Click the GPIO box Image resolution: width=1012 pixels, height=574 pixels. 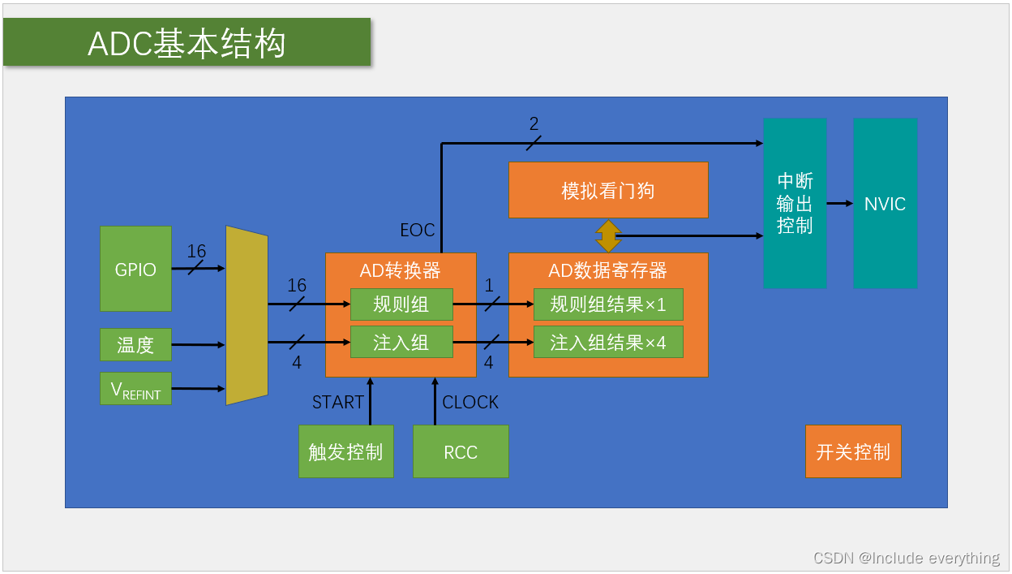(x=135, y=269)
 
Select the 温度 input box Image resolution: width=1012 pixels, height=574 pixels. (x=135, y=344)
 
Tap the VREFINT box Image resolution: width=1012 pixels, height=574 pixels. (x=135, y=389)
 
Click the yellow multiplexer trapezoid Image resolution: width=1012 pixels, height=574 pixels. (x=247, y=316)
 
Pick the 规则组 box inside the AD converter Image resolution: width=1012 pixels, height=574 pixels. (x=401, y=304)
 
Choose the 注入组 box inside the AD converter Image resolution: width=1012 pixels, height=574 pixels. (x=401, y=342)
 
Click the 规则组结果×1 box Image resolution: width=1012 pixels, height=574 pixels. (x=607, y=304)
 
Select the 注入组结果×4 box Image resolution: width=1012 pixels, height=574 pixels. (x=607, y=342)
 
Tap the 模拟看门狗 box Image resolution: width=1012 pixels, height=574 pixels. (x=608, y=190)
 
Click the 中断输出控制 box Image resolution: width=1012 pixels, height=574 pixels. (x=795, y=203)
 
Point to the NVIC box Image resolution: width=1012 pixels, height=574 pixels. (x=885, y=203)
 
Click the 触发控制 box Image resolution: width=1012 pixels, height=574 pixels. (x=345, y=451)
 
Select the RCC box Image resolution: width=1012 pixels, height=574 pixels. (x=461, y=451)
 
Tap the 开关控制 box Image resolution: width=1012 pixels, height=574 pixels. (x=853, y=451)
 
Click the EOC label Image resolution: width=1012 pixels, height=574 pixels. (x=418, y=231)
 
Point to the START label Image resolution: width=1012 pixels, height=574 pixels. (x=338, y=402)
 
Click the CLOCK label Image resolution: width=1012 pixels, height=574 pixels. (x=470, y=402)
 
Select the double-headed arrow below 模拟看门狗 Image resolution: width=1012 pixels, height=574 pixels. (x=608, y=235)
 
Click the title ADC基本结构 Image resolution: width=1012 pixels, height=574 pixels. (x=187, y=43)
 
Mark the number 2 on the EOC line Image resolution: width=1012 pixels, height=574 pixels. (x=534, y=124)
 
